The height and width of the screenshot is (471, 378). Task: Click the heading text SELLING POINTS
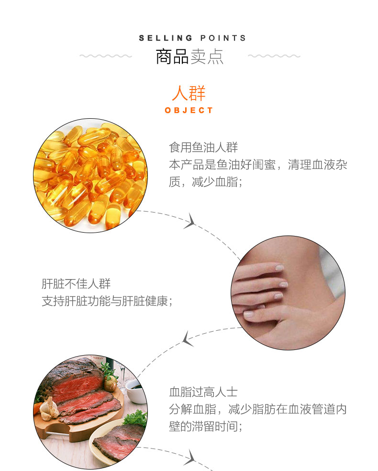pos(192,38)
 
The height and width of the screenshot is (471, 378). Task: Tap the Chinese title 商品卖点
pos(189,56)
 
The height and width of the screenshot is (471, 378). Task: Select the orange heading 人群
pos(189,93)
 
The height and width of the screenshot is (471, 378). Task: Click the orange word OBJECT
pos(189,110)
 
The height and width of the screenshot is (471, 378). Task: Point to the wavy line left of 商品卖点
pos(106,56)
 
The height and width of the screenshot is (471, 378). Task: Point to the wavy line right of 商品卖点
pos(274,56)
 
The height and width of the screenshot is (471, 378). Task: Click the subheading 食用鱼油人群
pos(203,147)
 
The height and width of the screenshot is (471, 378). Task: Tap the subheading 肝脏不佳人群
pos(76,283)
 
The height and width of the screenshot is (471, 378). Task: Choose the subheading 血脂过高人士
pos(203,392)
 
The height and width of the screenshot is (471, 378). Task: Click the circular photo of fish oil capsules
pos(90,175)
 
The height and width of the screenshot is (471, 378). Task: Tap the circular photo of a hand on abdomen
pos(288,293)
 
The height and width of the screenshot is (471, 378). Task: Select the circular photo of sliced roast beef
pos(90,412)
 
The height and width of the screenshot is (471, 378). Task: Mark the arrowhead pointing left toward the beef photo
pos(188,339)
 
